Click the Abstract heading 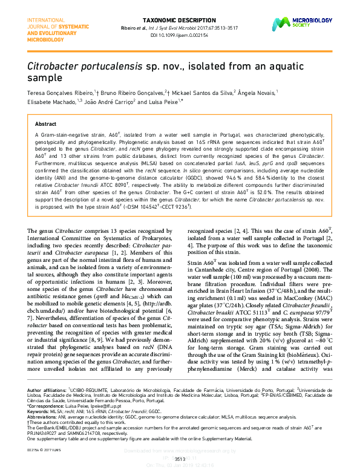pos(47,123)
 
